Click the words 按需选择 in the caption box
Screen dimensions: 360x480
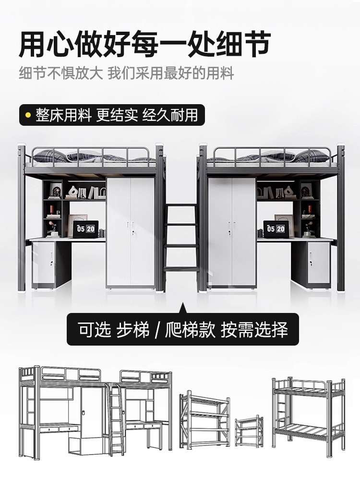click(254, 330)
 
